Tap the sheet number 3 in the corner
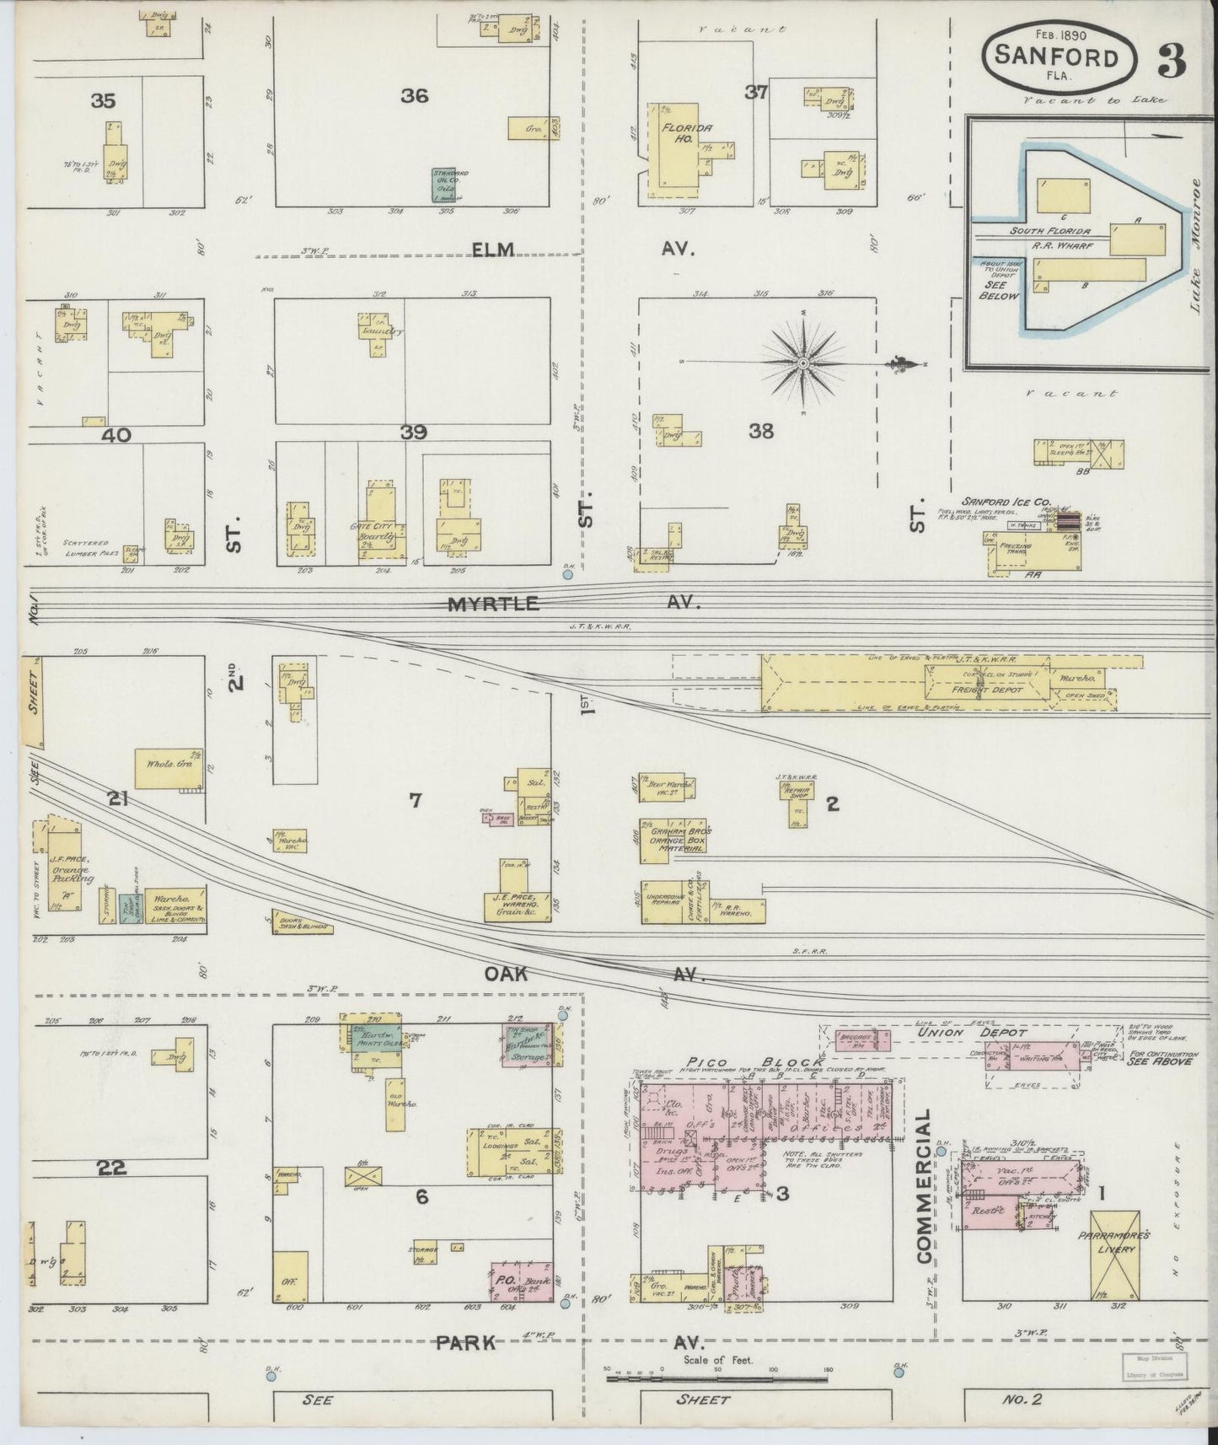(1172, 60)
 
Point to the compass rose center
(803, 363)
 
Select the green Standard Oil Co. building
(444, 185)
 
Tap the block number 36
(414, 96)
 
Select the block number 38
(761, 431)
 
